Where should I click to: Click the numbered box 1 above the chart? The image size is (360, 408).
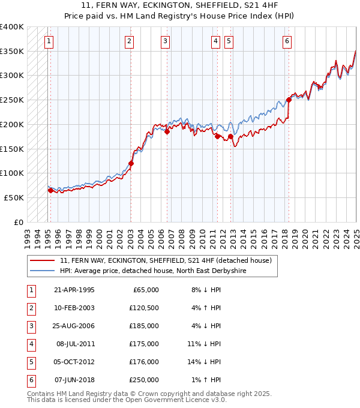(48, 41)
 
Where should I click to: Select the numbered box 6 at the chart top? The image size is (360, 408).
(287, 41)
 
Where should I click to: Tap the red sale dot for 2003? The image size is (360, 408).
(131, 163)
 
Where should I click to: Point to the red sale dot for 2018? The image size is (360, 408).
(289, 100)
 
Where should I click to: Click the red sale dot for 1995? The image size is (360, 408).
(50, 190)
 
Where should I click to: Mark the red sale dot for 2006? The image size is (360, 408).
(167, 132)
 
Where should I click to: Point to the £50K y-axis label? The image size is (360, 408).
(14, 197)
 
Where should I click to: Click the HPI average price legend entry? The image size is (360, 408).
(153, 271)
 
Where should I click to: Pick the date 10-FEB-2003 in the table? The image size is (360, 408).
(74, 308)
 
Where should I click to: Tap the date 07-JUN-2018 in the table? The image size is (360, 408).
(74, 380)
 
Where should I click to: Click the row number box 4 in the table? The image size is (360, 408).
(31, 344)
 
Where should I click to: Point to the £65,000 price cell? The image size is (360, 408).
(145, 290)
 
